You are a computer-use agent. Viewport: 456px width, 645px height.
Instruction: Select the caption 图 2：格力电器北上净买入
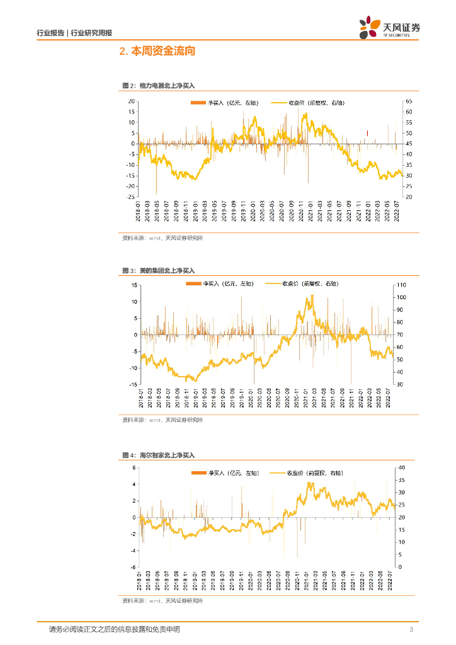tap(159, 86)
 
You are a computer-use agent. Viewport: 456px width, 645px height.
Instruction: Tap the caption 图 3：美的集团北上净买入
tap(159, 270)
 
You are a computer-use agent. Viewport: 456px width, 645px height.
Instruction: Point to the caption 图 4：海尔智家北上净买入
tap(159, 454)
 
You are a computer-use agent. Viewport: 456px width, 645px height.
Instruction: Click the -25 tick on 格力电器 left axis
tap(132, 197)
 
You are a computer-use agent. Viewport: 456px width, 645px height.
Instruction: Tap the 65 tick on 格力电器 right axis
tap(409, 101)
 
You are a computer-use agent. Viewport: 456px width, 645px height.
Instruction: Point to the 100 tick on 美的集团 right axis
tap(410, 297)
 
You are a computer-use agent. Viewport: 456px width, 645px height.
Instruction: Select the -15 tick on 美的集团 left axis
tap(134, 384)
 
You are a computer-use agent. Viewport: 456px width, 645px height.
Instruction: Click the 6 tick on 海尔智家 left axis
tap(134, 467)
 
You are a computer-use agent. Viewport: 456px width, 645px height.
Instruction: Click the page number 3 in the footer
tap(411, 630)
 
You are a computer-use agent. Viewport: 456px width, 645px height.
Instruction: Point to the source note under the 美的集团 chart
tap(162, 420)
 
